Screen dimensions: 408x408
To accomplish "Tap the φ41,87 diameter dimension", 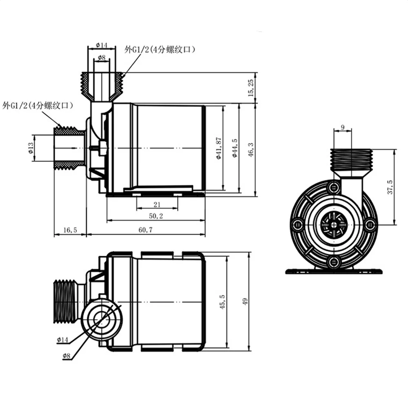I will point(219,149).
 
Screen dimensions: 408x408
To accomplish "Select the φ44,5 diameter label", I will point(235,149).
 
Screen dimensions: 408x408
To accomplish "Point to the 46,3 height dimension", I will point(251,149).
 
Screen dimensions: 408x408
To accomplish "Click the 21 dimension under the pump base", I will point(157,204).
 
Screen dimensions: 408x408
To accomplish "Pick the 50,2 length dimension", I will point(156,217).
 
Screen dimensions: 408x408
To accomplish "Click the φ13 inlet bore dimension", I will point(31,149).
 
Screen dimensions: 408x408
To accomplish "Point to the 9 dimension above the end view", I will point(342,127).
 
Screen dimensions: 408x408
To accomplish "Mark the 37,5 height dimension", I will point(390,187).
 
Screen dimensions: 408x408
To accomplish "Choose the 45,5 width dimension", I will point(222,301).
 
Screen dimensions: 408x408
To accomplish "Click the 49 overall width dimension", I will point(245,302).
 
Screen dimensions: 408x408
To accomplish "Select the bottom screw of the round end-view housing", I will point(333,262).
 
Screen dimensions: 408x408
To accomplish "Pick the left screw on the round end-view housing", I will point(297,224).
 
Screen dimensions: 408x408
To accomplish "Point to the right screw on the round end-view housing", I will point(370,224).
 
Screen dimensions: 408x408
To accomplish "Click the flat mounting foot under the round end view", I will point(334,271).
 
